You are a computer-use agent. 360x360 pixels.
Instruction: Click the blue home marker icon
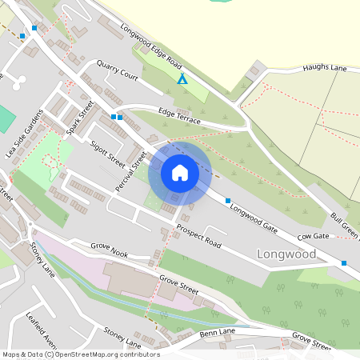tap(180, 173)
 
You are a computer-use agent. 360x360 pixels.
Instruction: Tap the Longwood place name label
tap(286, 254)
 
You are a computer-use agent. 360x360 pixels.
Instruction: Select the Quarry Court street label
tap(117, 70)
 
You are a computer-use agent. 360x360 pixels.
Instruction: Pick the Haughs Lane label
tap(325, 69)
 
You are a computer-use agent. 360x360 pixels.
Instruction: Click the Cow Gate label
tap(314, 237)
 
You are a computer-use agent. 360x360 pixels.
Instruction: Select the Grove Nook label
tap(109, 250)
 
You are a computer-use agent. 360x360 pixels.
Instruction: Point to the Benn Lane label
tap(218, 331)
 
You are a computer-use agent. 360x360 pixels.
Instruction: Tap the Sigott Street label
tap(108, 150)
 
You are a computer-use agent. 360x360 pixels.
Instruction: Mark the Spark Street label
tap(81, 118)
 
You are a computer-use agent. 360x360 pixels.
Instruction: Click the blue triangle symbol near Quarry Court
tap(182, 79)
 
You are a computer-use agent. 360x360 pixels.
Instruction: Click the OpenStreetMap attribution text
tap(80, 354)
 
